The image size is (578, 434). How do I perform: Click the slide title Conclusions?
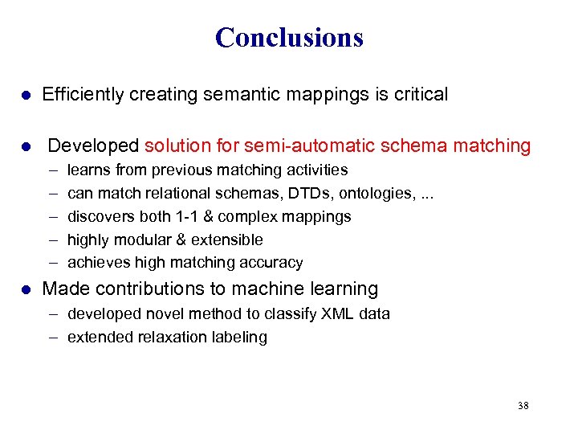289,38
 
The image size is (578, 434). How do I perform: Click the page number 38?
523,406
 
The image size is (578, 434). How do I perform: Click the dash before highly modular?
52,240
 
